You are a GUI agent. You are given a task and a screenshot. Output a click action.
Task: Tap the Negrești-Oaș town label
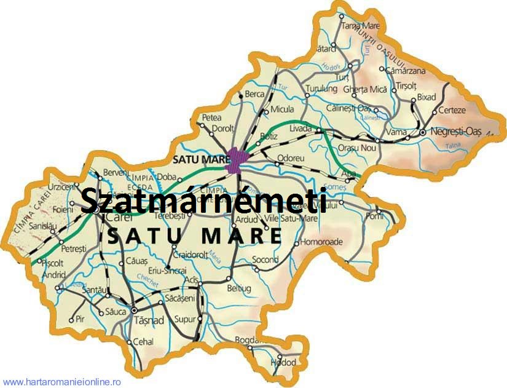(x=457, y=131)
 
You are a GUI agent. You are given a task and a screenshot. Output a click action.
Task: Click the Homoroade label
(x=321, y=242)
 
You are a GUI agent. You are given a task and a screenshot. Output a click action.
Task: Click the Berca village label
(x=254, y=94)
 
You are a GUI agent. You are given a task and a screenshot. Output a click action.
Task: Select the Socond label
(x=265, y=260)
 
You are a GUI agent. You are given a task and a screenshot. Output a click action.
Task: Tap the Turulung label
(x=322, y=89)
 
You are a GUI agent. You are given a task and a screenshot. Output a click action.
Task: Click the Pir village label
(x=79, y=319)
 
